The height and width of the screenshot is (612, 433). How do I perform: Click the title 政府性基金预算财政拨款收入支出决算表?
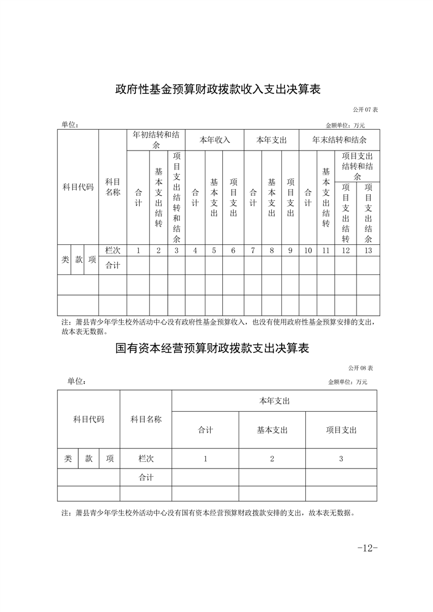pos(217,89)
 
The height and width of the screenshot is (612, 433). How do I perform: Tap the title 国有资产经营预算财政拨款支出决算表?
pos(212,348)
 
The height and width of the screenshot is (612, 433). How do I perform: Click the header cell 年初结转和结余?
pos(156,140)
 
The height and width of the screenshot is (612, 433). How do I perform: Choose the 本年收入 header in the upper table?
pos(215,140)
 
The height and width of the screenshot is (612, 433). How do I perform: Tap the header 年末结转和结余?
pos(339,140)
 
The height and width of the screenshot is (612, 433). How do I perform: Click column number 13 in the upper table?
pos(368,250)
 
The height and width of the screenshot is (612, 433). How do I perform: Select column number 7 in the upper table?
pos(253,250)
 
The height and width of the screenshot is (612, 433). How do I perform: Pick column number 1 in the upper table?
pos(138,250)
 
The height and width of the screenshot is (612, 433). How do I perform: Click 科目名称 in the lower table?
pos(146,419)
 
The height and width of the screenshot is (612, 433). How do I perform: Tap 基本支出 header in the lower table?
pos(272,430)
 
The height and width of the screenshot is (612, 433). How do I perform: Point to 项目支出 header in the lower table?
pos(341,430)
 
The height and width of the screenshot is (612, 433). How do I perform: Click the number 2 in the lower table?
pos(272,459)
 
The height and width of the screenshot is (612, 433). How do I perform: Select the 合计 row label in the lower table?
pos(146,477)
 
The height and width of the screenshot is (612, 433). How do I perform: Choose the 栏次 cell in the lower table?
pos(146,459)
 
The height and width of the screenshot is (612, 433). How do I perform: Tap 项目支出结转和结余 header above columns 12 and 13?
pos(357,166)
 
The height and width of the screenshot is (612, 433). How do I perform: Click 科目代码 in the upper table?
pos(78,187)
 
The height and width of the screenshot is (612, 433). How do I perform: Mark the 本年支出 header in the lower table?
pos(274,401)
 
